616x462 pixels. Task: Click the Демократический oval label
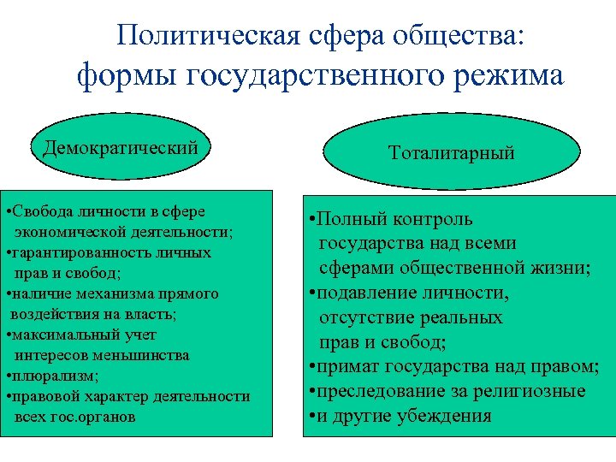coord(120,147)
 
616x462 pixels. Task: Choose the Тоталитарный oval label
coord(451,153)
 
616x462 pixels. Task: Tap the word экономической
coord(65,232)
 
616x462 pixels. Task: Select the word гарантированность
coord(74,252)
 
